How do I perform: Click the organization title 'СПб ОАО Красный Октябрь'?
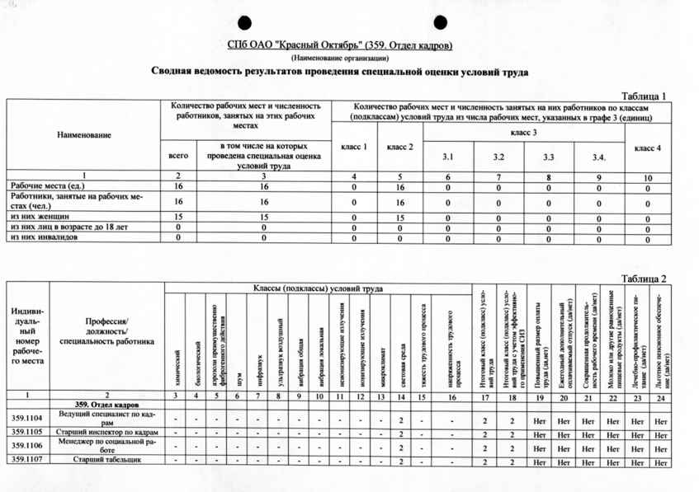coord(339,45)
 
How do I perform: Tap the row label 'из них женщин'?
coord(36,215)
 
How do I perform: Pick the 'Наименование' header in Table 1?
coord(84,134)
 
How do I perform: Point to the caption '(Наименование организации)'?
coord(339,59)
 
